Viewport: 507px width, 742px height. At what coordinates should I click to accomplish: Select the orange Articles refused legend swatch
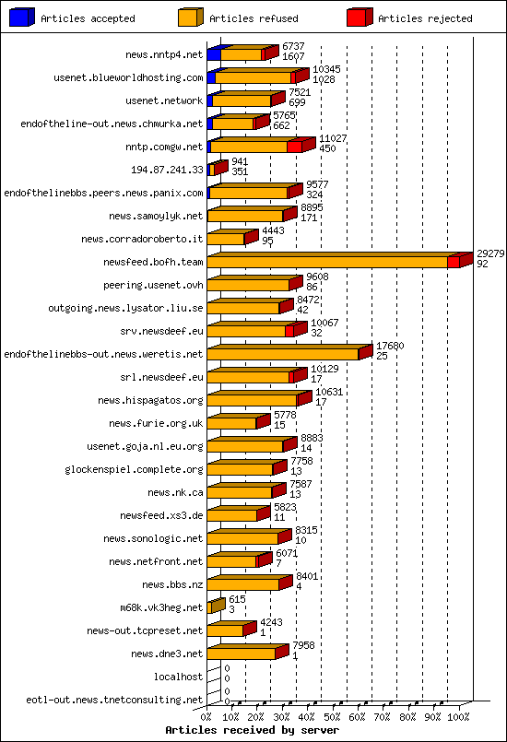[x=191, y=18]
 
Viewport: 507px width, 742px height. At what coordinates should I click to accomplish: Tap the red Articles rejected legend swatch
[x=360, y=18]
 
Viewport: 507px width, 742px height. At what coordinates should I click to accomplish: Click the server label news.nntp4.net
[x=164, y=54]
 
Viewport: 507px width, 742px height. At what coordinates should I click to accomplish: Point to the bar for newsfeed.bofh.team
[x=332, y=262]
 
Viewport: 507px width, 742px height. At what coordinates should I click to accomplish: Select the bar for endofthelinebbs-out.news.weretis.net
[x=286, y=353]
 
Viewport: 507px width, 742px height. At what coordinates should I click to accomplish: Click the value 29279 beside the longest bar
[x=490, y=253]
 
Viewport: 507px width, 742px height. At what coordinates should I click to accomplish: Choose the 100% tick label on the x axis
[x=458, y=715]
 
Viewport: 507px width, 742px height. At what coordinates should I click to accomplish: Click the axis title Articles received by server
[x=252, y=729]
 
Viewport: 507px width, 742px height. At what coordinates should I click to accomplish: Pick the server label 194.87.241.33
[x=168, y=170]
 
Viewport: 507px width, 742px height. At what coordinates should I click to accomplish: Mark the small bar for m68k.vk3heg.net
[x=216, y=607]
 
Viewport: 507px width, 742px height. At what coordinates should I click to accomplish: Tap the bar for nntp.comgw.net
[x=253, y=147]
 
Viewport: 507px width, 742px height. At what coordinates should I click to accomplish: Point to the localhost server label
[x=179, y=677]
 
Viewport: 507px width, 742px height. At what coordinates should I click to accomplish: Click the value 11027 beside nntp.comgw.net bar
[x=333, y=138]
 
